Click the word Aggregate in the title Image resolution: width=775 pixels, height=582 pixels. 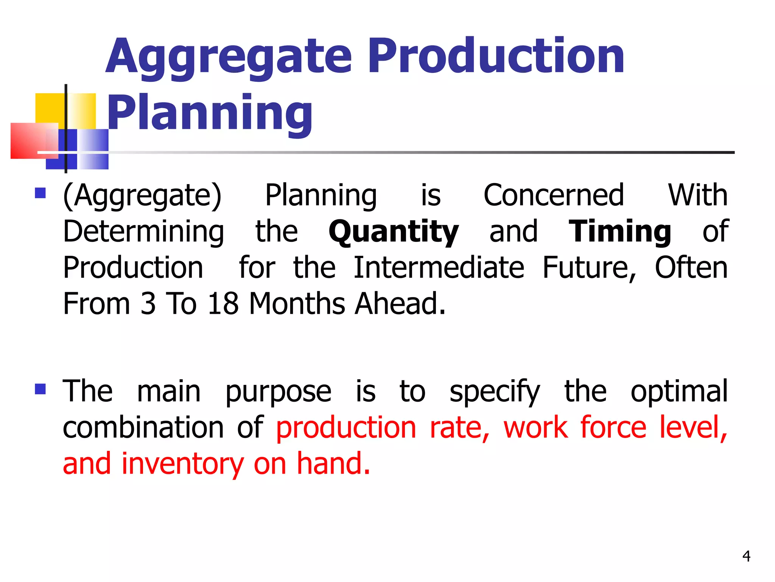pos(229,57)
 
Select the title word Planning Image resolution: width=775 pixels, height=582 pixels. pos(210,113)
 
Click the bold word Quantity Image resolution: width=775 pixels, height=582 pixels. pos(394,232)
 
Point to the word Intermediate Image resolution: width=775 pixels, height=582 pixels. pos(439,268)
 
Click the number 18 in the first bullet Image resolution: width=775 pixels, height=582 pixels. pos(223,304)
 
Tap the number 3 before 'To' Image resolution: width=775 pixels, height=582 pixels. pos(148,304)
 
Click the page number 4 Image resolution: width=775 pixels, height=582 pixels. pos(746,556)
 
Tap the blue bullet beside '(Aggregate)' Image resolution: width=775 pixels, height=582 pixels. pos(40,193)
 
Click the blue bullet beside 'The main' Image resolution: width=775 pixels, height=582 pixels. pos(40,389)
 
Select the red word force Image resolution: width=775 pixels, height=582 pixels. pos(613,427)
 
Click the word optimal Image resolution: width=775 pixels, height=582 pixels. pos(679,392)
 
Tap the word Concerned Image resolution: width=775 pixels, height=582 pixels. pos(554,196)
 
